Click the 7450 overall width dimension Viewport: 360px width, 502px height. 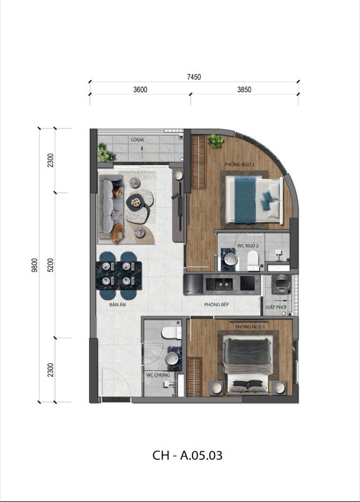194,77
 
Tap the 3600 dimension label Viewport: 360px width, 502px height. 140,90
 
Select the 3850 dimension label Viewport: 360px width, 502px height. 244,90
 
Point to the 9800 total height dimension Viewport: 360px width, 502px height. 34,265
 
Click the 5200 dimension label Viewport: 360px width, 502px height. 51,265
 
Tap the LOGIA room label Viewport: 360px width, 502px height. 137,139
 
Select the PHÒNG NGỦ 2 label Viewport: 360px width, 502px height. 240,164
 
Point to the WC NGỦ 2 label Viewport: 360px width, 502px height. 248,245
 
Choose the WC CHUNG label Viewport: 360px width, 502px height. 158,375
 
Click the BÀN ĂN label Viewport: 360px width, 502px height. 117,305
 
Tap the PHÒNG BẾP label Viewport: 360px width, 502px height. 216,304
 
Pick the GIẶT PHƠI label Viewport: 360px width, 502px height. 276,307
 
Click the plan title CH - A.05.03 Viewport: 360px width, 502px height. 187,455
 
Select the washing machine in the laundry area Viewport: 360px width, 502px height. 281,284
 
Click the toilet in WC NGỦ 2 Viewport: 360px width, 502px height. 253,260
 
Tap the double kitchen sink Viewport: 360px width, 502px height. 220,284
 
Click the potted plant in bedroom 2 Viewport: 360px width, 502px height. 215,141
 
